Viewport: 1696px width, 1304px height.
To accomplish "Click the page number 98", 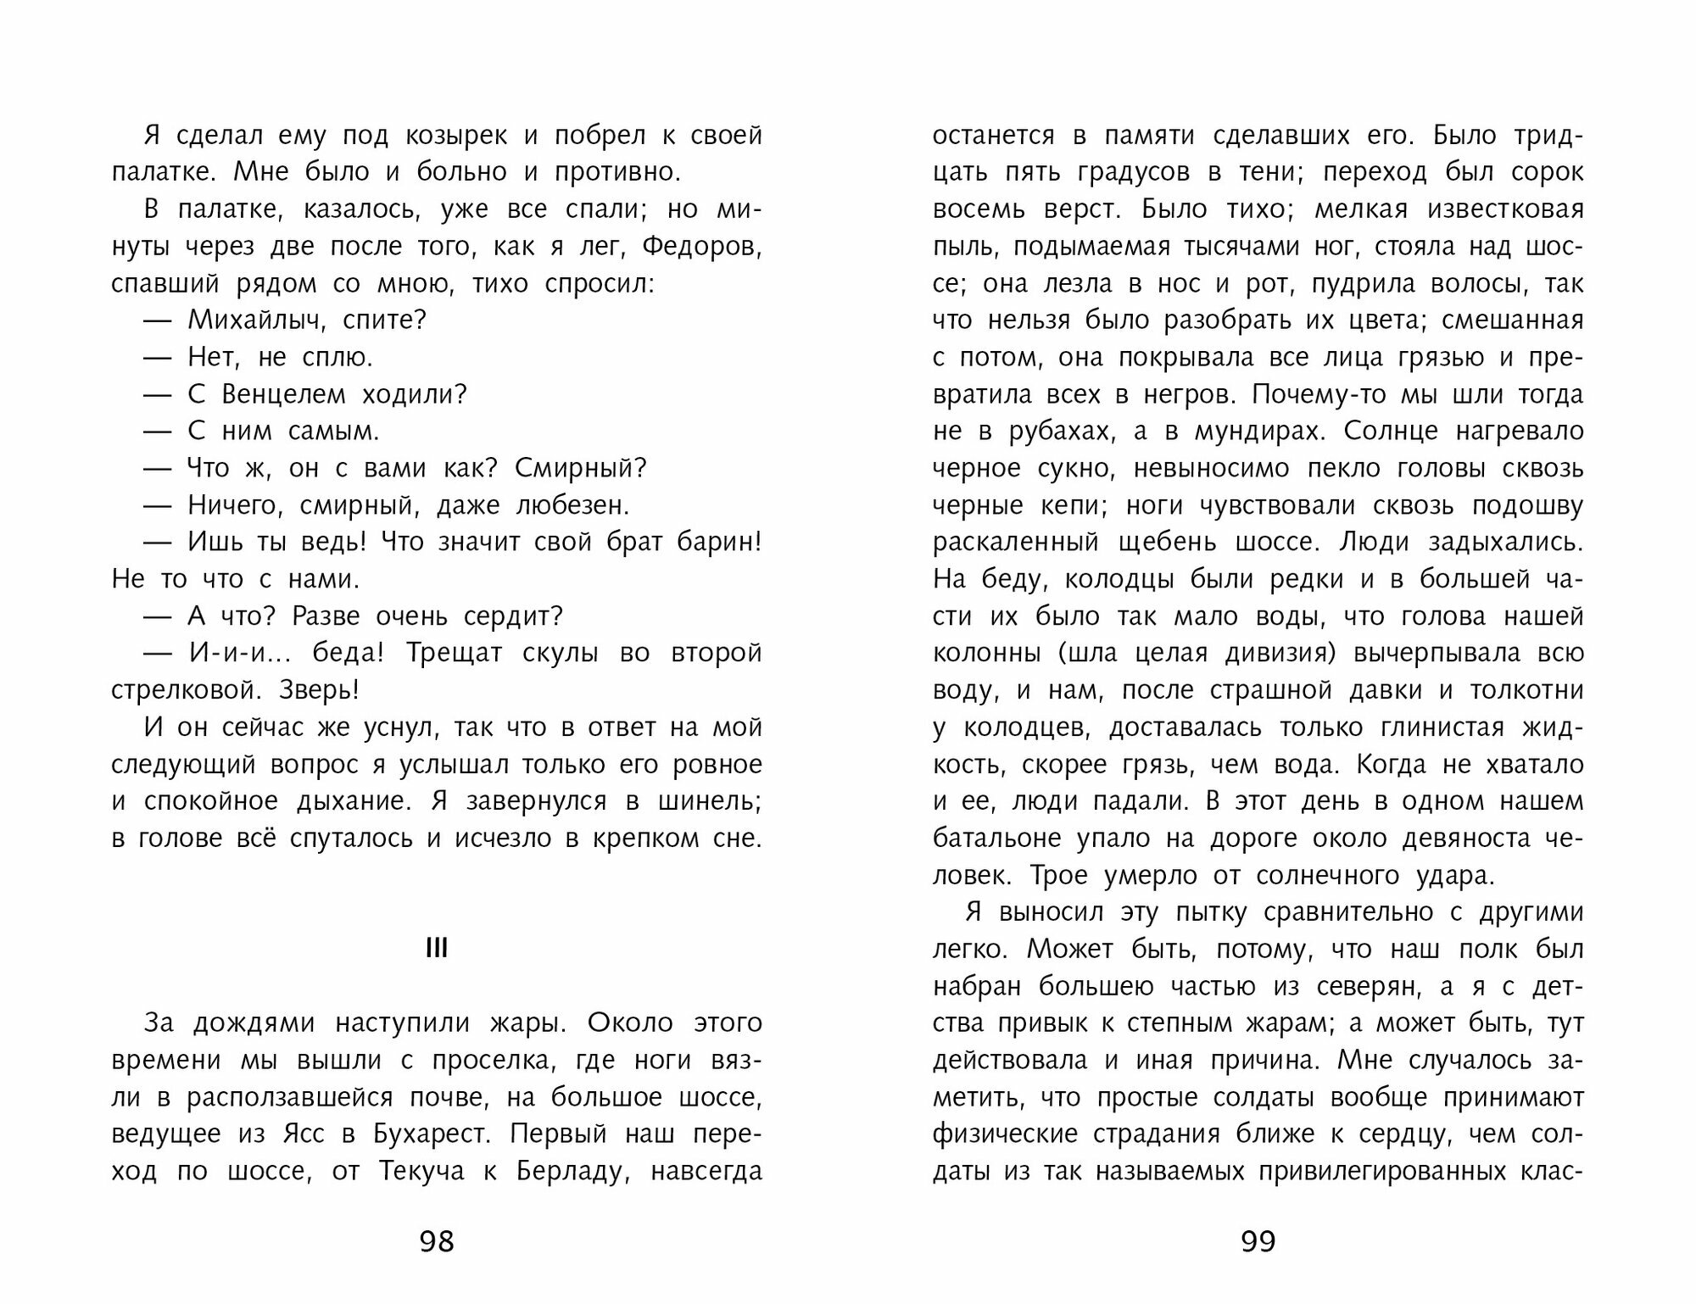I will (x=437, y=1241).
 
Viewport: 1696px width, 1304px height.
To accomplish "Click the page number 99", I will (x=1258, y=1241).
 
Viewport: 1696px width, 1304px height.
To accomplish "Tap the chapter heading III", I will (x=436, y=949).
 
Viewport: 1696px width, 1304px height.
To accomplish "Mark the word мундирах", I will (x=1256, y=432).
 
